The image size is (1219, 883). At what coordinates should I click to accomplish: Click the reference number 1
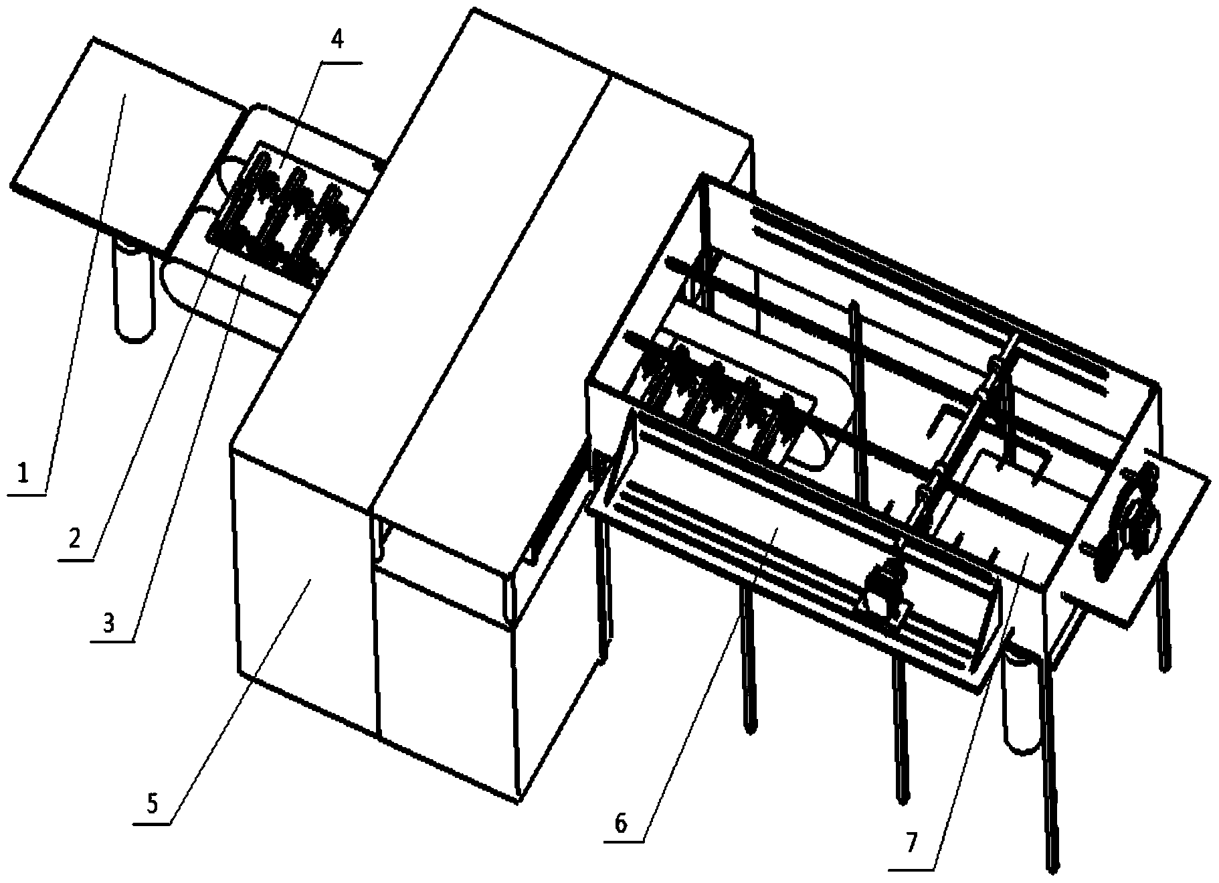[23, 474]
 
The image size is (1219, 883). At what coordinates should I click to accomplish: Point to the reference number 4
[338, 40]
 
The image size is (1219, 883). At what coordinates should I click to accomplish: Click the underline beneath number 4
[341, 63]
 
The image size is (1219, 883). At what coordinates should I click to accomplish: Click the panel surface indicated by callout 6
[776, 536]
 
